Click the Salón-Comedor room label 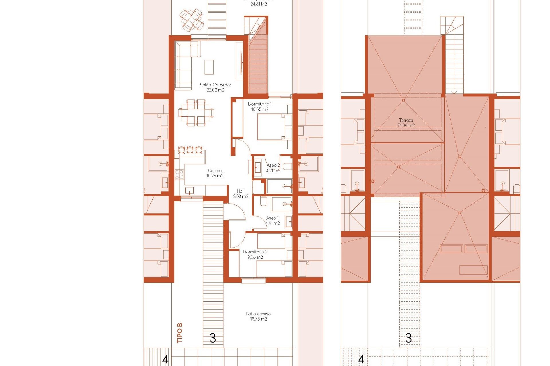(x=215, y=87)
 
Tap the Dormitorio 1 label (x=260, y=106)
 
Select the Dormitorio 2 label (x=255, y=254)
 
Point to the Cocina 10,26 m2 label (x=215, y=173)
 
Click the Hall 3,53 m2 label (x=241, y=194)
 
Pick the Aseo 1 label (x=272, y=220)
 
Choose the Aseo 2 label (x=273, y=168)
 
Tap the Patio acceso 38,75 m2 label (x=258, y=316)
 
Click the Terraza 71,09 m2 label (x=406, y=123)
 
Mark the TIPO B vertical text (x=180, y=333)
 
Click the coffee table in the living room (x=209, y=67)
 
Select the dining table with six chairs (x=196, y=113)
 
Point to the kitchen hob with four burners (x=179, y=174)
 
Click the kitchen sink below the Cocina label (x=189, y=190)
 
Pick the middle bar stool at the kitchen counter (x=190, y=150)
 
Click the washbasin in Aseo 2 (x=257, y=168)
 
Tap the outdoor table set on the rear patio (x=192, y=20)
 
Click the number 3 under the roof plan (x=409, y=338)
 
